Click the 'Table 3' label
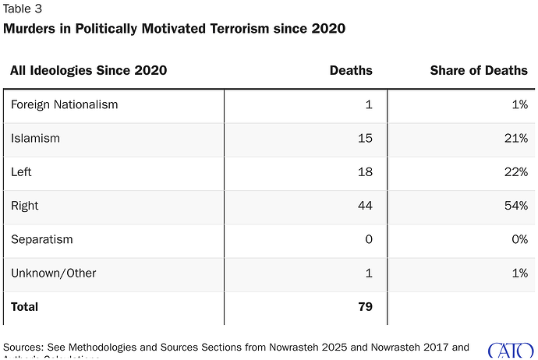23,9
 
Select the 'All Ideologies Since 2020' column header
88,71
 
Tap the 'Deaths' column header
351,71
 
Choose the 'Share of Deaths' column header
479,71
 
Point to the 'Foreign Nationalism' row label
64,104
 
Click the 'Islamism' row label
35,139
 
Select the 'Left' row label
22,172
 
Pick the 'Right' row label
25,206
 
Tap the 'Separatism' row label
41,239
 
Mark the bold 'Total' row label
24,307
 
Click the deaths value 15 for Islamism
364,139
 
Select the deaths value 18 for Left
364,172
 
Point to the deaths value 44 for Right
363,206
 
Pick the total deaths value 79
363,307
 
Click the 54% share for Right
515,206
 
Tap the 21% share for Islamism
515,139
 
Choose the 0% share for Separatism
519,239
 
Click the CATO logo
511,350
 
